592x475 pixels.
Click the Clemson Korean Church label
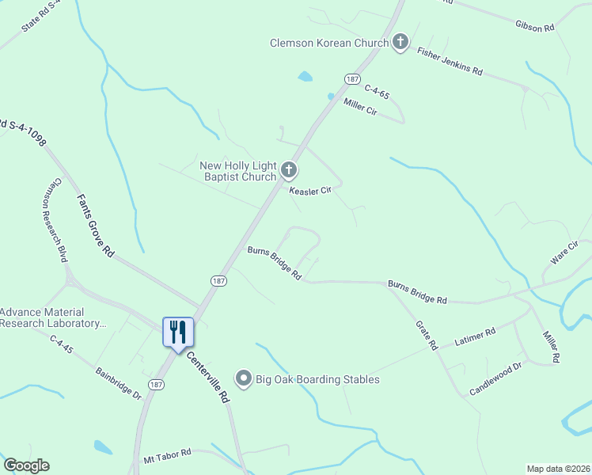coord(329,44)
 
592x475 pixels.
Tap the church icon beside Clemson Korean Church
coord(400,43)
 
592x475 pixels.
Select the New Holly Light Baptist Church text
coord(237,171)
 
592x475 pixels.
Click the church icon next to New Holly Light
coord(289,169)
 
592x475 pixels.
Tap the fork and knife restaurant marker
coord(178,332)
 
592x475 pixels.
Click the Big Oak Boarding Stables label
coord(317,379)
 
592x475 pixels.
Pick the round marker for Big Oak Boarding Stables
coord(244,379)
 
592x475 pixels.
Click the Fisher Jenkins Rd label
coord(450,60)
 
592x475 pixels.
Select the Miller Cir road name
coord(360,108)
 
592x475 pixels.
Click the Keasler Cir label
coord(309,191)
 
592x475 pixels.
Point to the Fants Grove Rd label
coord(96,226)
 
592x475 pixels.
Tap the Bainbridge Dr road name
coord(117,382)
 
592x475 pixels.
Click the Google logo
coord(26,465)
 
